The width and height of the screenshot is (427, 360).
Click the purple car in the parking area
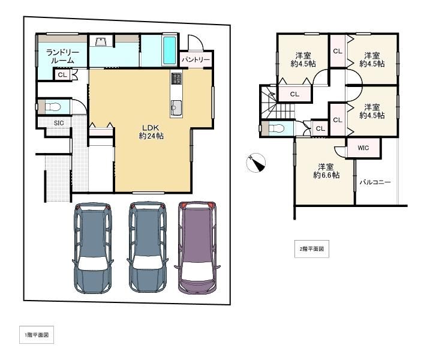(197, 247)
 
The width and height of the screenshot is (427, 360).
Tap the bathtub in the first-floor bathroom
(169, 49)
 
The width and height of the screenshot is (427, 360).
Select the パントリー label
(196, 59)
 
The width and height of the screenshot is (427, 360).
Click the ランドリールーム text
(62, 56)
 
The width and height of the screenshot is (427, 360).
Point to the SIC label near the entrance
(59, 123)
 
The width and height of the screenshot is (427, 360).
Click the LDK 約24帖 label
(151, 131)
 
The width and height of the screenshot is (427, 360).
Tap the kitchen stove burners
(176, 79)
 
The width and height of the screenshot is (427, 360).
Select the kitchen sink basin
(176, 107)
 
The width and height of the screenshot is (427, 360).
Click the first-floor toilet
(52, 107)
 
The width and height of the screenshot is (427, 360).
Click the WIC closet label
(363, 148)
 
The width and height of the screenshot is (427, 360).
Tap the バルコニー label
(375, 182)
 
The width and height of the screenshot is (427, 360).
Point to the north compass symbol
(255, 163)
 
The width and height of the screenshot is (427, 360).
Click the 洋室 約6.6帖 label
(326, 170)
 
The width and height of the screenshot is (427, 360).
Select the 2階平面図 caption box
(312, 249)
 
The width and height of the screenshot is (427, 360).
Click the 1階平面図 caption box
(37, 335)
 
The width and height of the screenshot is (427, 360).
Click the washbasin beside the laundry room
(101, 41)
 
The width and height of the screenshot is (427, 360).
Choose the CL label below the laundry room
(62, 74)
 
